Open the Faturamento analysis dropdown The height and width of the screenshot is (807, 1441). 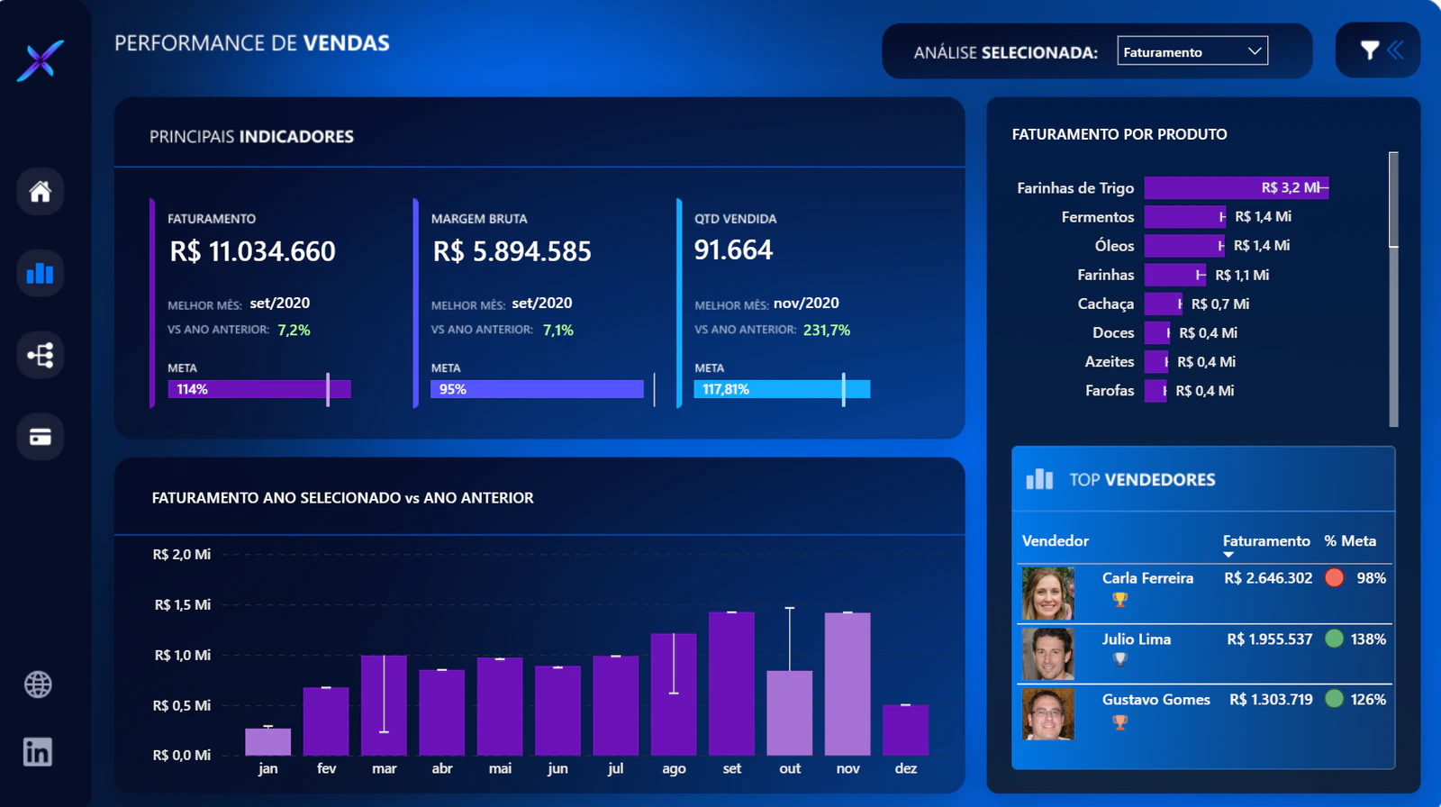[x=1192, y=50]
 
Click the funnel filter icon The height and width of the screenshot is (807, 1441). [x=1370, y=50]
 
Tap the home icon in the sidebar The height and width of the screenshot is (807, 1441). [x=40, y=191]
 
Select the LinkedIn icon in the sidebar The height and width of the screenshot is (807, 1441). [x=37, y=752]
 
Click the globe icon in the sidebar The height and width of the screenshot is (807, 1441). [x=38, y=685]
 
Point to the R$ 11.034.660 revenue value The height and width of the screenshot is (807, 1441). [x=252, y=251]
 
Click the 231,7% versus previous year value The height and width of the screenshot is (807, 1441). [x=827, y=331]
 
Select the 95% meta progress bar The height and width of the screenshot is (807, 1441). [x=537, y=389]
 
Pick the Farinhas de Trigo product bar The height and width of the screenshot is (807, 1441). [x=1236, y=188]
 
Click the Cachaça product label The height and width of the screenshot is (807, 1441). [x=1105, y=304]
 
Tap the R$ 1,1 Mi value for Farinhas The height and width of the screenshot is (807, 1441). [x=1242, y=276]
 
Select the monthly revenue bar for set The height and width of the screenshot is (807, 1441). [x=731, y=684]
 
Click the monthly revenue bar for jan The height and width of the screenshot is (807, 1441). [x=267, y=741]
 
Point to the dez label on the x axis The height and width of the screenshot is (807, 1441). [x=906, y=768]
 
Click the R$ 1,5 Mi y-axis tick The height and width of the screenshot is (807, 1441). [x=182, y=605]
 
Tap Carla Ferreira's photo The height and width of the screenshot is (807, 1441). [x=1048, y=593]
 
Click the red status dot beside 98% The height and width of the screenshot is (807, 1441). [x=1334, y=577]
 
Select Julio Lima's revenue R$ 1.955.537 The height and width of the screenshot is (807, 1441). [x=1269, y=639]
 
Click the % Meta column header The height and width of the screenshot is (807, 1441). [x=1350, y=540]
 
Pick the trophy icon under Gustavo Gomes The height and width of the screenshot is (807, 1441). [x=1120, y=722]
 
